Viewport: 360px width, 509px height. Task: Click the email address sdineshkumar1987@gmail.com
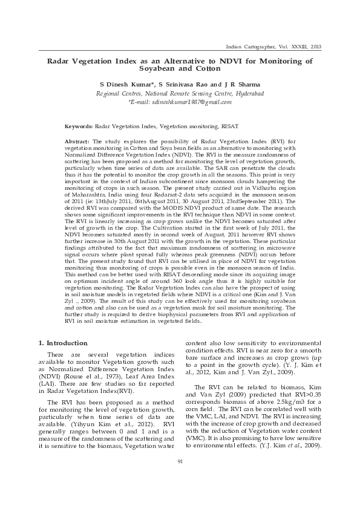pos(184,103)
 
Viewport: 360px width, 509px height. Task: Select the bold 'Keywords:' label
pos(79,127)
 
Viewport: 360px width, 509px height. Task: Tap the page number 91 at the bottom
pos(180,479)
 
